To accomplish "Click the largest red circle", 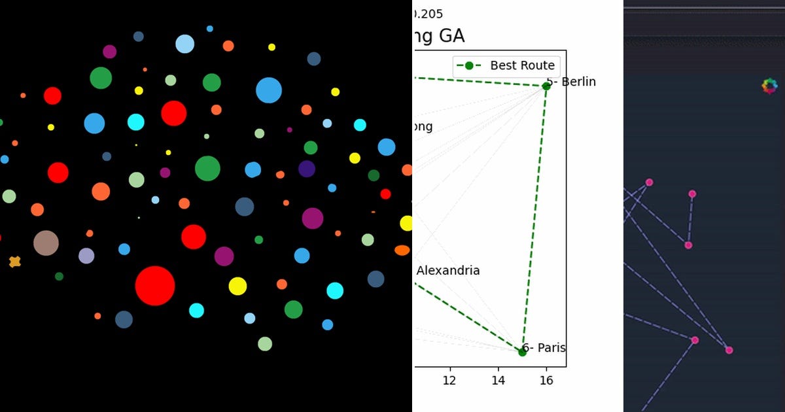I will (x=155, y=286).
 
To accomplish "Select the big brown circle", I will (x=46, y=243).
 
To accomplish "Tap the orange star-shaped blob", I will (x=14, y=262).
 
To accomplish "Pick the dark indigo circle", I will (x=307, y=169).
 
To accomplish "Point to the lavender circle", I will (x=86, y=256).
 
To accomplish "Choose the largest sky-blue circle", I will (x=268, y=90).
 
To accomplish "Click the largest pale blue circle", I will (x=185, y=44).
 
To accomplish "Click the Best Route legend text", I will (x=522, y=65).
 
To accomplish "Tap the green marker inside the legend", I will (x=469, y=65).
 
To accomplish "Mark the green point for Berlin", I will (x=546, y=86).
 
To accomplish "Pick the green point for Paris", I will (x=522, y=352).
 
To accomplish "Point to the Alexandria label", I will (x=448, y=271).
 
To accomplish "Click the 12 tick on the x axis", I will (x=449, y=381).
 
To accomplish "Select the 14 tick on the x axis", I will (x=498, y=381).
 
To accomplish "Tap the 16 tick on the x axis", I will (x=546, y=381).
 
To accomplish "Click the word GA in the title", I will (x=451, y=36).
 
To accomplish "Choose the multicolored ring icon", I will (x=770, y=86).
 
